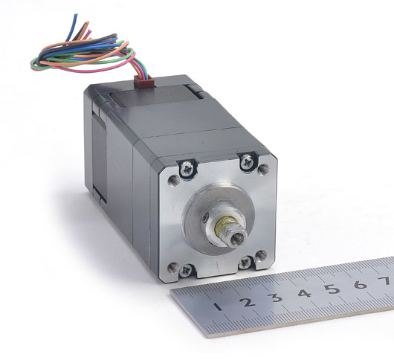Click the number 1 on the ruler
click(218, 306)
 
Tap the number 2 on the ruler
click(248, 302)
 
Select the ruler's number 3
click(275, 298)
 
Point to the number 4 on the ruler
click(305, 293)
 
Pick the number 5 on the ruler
click(332, 289)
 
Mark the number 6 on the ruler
click(361, 284)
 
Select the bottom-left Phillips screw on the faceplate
click(185, 271)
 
